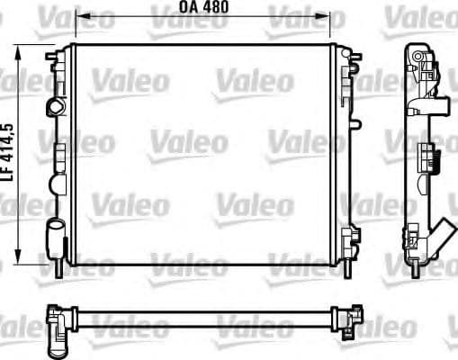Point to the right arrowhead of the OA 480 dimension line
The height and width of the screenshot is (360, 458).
pyautogui.click(x=340, y=16)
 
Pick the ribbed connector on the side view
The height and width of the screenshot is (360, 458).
pyautogui.click(x=436, y=162)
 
